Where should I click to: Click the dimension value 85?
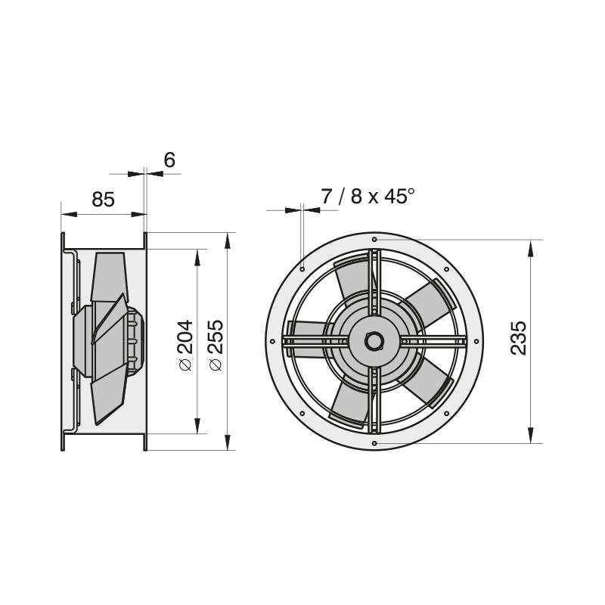(x=103, y=200)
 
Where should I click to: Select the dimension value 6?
(x=169, y=160)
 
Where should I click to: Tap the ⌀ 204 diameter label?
(x=185, y=346)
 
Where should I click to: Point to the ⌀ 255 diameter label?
(x=216, y=346)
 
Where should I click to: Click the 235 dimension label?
(x=518, y=338)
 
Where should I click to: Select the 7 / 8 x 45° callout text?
(x=368, y=197)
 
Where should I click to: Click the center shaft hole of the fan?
(x=374, y=341)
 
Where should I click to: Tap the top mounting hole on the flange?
(x=374, y=240)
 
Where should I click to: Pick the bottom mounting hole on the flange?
(x=374, y=443)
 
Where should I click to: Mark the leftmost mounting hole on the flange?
(x=272, y=342)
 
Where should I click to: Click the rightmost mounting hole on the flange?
(x=476, y=342)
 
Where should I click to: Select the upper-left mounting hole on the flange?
(x=302, y=269)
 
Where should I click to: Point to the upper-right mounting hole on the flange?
(x=446, y=269)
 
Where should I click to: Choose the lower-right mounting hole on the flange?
(x=446, y=414)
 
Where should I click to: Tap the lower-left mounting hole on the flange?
(x=302, y=414)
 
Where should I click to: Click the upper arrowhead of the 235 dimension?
(x=531, y=248)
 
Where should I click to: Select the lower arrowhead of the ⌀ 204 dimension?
(x=197, y=426)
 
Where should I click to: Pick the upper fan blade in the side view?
(x=109, y=276)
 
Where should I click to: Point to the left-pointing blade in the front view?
(x=307, y=339)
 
